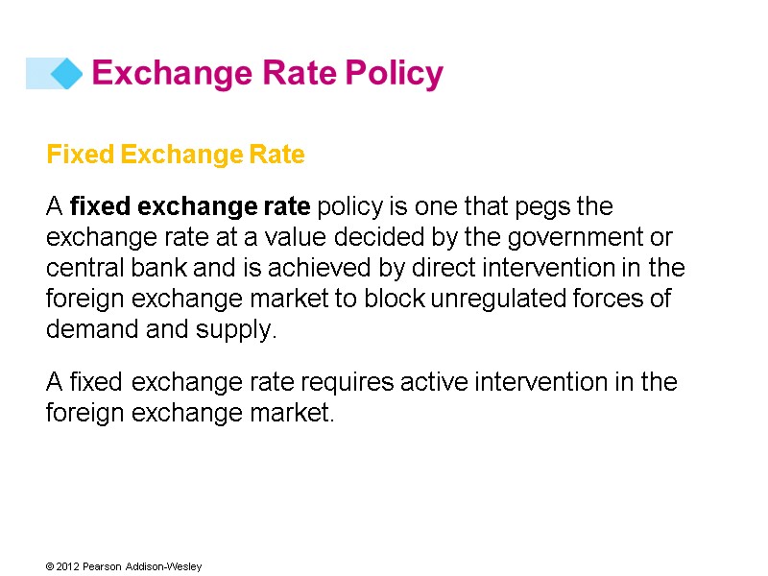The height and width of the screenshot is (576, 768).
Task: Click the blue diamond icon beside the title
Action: coord(65,73)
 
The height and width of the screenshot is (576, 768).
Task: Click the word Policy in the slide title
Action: coord(394,73)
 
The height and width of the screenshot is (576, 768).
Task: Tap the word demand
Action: coord(87,329)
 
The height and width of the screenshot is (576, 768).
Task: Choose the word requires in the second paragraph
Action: coord(336,383)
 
